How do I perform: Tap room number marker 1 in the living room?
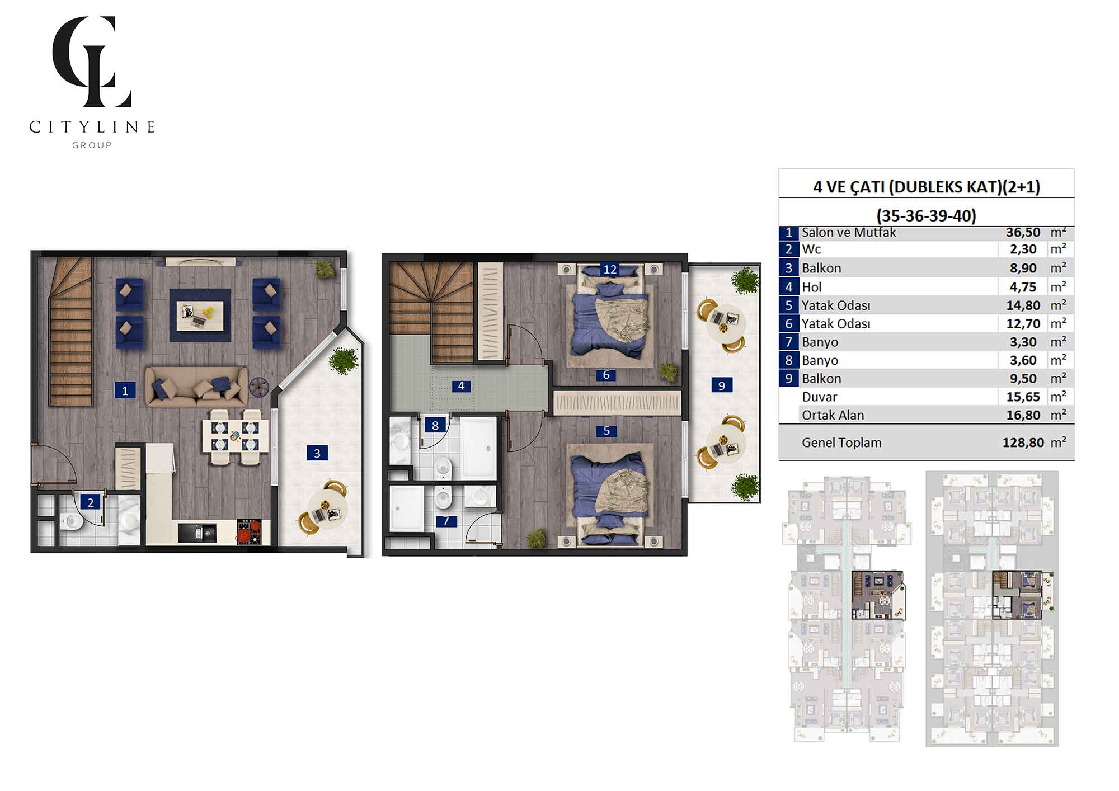pos(125,390)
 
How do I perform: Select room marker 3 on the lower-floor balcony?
pos(317,453)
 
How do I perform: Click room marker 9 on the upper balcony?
pos(722,385)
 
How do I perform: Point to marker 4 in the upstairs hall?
pos(461,385)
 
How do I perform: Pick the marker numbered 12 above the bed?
pos(610,269)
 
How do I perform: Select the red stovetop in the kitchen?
pos(249,531)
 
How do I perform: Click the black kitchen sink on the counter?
pos(197,533)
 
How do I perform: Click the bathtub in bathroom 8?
pos(478,448)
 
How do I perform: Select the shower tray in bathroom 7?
pos(407,509)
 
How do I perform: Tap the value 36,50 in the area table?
pos(1023,233)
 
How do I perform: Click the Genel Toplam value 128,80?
pos(1023,442)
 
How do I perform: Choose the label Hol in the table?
pos(811,287)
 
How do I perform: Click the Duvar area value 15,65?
pos(1023,397)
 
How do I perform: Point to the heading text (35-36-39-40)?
pos(926,215)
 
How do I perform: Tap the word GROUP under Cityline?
pos(92,145)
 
